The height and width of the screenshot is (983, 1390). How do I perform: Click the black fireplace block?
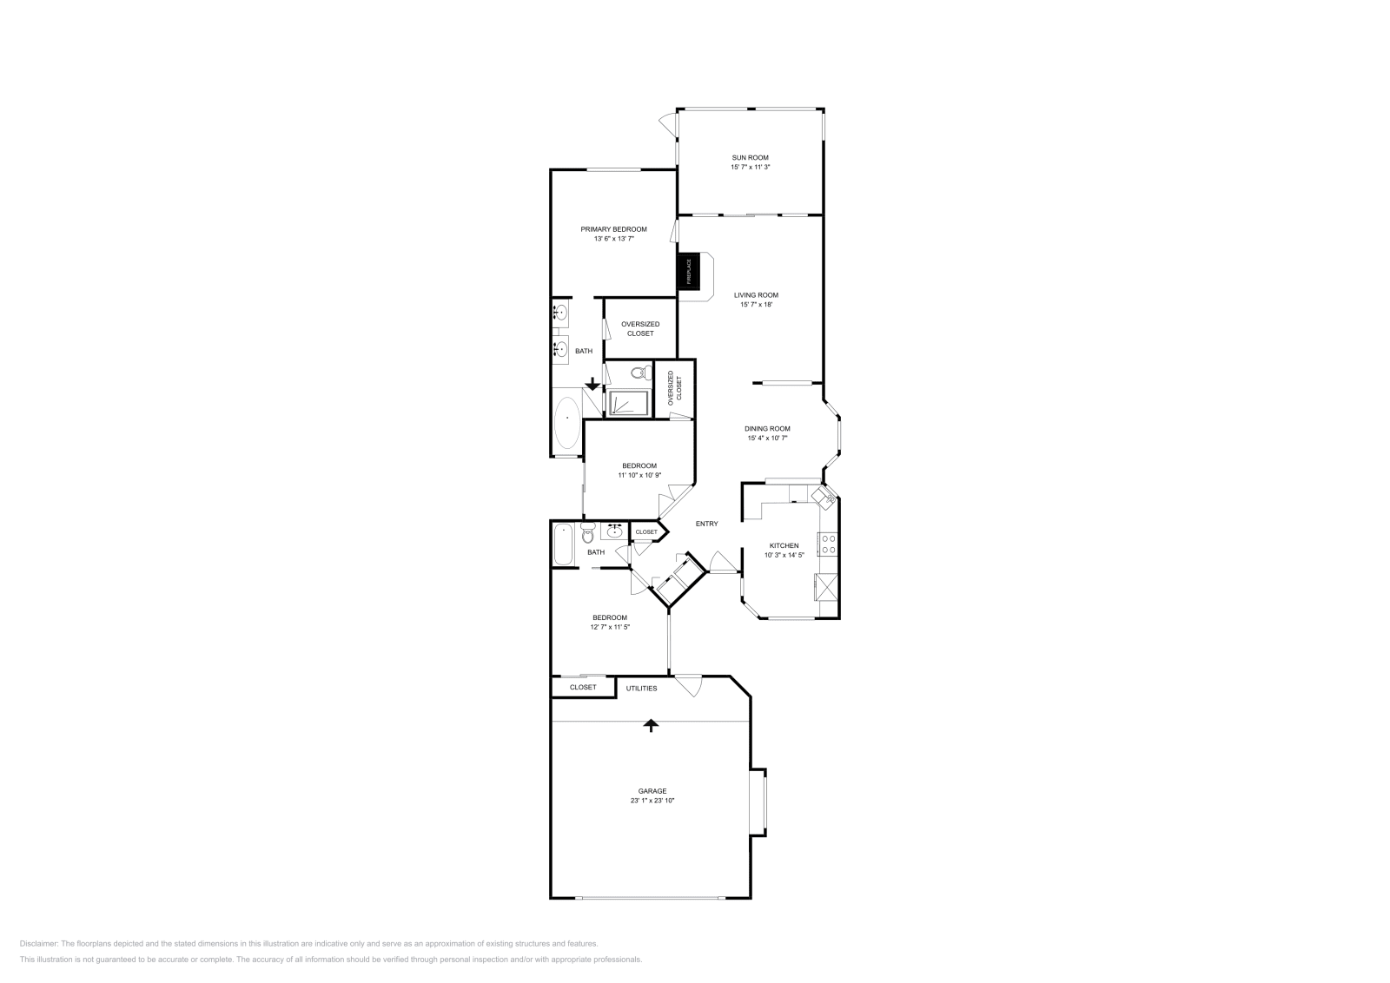(x=689, y=272)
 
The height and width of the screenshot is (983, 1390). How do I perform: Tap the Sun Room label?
(x=750, y=157)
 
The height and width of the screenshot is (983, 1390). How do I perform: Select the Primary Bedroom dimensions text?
(x=614, y=239)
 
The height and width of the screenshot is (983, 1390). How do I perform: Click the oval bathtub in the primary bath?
(x=566, y=423)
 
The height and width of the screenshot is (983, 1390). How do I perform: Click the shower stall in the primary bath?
(x=628, y=403)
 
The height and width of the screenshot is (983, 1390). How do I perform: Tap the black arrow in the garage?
(x=650, y=725)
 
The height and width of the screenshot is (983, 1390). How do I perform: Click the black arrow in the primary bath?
(x=592, y=383)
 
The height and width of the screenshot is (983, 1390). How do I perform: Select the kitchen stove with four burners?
(x=829, y=544)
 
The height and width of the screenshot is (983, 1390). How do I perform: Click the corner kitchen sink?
(x=822, y=495)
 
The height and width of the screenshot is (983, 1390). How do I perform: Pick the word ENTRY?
(x=707, y=524)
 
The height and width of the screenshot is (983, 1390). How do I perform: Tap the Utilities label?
(x=641, y=689)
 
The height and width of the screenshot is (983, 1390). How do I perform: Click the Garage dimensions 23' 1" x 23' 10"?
(x=652, y=801)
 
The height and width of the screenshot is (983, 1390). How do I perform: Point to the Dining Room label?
(x=767, y=428)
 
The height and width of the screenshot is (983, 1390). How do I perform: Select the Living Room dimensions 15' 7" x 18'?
(x=756, y=305)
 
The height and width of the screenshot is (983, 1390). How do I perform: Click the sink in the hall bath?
(x=615, y=532)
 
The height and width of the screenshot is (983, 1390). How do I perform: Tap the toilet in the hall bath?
(x=587, y=531)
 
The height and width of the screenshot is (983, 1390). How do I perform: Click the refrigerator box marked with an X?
(x=825, y=588)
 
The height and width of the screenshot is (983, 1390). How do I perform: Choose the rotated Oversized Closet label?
(x=675, y=386)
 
